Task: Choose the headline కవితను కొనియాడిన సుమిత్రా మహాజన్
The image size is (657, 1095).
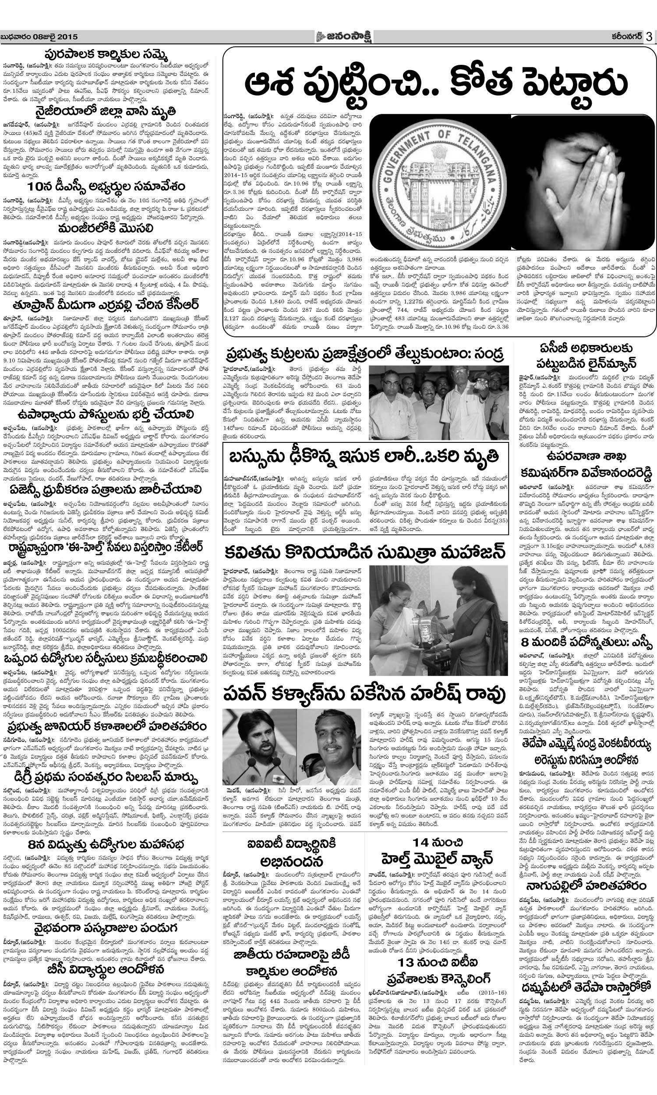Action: pyautogui.click(x=365, y=553)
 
